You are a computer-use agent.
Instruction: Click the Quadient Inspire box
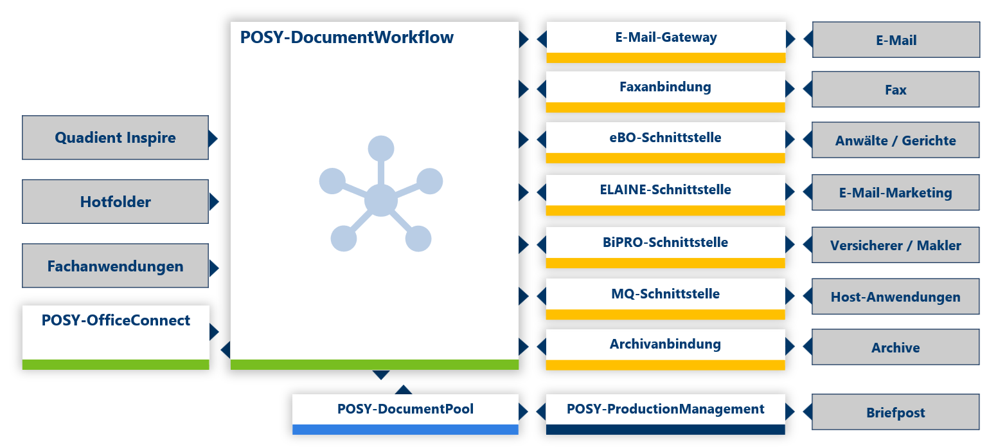pos(115,138)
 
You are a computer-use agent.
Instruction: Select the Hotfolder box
pos(115,202)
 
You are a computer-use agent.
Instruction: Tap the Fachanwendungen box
pos(115,266)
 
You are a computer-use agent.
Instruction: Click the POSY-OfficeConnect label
pos(116,320)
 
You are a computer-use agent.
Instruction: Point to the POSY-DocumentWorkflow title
pos(347,37)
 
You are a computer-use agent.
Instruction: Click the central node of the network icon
pos(380,200)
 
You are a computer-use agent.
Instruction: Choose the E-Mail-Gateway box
pos(666,38)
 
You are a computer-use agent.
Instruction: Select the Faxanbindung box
pos(666,87)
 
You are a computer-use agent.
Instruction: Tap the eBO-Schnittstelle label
pos(666,138)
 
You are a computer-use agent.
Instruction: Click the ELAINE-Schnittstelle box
pos(666,190)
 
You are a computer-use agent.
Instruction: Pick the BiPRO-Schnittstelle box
pos(666,242)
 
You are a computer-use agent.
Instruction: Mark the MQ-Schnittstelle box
pos(666,295)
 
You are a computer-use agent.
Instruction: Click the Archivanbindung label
pos(666,345)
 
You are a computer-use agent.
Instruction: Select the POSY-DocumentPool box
pos(405,410)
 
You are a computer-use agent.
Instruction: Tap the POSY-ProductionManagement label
pos(666,409)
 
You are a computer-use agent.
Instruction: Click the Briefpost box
pos(896,413)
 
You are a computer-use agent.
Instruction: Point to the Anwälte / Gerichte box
pos(896,140)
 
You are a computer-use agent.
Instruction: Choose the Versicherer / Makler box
pos(896,245)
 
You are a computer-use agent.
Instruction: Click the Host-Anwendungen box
pos(896,296)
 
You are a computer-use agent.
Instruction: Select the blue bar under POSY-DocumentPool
pos(405,430)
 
